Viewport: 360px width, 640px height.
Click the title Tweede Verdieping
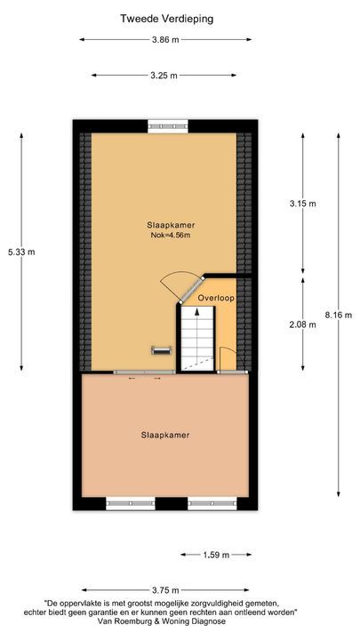click(165, 18)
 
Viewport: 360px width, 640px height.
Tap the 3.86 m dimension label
click(165, 40)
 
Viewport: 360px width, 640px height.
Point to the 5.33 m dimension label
click(20, 252)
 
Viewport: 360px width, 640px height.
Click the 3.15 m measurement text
click(303, 204)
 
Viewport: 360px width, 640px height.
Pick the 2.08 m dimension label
click(303, 324)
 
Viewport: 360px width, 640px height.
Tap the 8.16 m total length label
click(339, 315)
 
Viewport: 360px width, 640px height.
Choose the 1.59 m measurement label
click(215, 556)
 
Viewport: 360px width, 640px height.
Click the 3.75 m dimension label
click(165, 590)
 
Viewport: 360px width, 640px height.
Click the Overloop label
click(216, 298)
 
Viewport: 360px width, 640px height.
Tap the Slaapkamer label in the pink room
click(164, 435)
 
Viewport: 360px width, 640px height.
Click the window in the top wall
click(162, 125)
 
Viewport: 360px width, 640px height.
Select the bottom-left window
click(130, 503)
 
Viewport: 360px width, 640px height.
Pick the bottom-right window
click(212, 503)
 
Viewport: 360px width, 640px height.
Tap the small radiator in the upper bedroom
click(161, 348)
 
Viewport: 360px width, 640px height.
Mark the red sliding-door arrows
click(145, 379)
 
